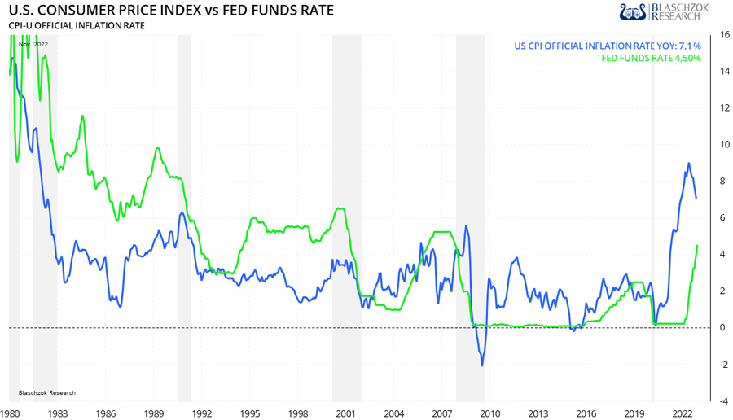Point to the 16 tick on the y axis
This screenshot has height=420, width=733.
[724, 35]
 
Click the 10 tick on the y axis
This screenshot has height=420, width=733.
[724, 145]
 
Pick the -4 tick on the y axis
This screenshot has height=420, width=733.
[723, 400]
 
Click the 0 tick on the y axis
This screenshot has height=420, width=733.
[724, 327]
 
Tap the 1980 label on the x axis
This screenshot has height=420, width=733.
[11, 413]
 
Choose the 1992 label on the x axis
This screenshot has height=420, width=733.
[202, 413]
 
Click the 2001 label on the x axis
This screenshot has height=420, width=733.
[346, 413]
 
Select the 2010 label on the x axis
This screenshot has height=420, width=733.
[490, 413]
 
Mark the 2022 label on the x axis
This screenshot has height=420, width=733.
[682, 413]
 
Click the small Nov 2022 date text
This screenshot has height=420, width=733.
[33, 44]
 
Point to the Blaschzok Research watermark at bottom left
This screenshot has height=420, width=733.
[46, 392]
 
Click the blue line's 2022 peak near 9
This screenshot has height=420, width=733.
[689, 163]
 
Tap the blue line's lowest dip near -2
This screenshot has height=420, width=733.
[482, 365]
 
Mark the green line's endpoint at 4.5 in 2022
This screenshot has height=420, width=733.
[697, 245]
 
